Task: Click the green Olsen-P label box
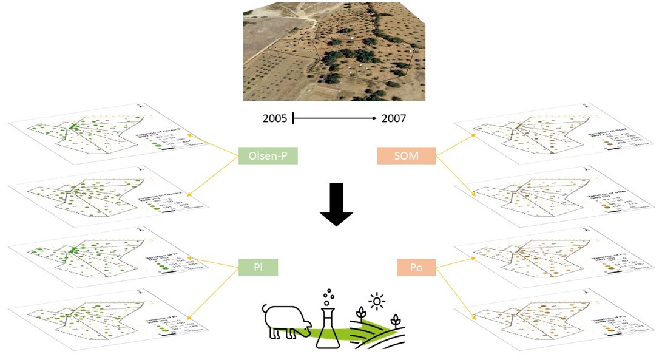click(268, 157)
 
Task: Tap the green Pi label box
click(258, 267)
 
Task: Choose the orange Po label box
click(416, 267)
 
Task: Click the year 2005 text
click(275, 118)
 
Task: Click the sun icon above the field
click(378, 300)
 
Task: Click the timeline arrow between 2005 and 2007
click(334, 118)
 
